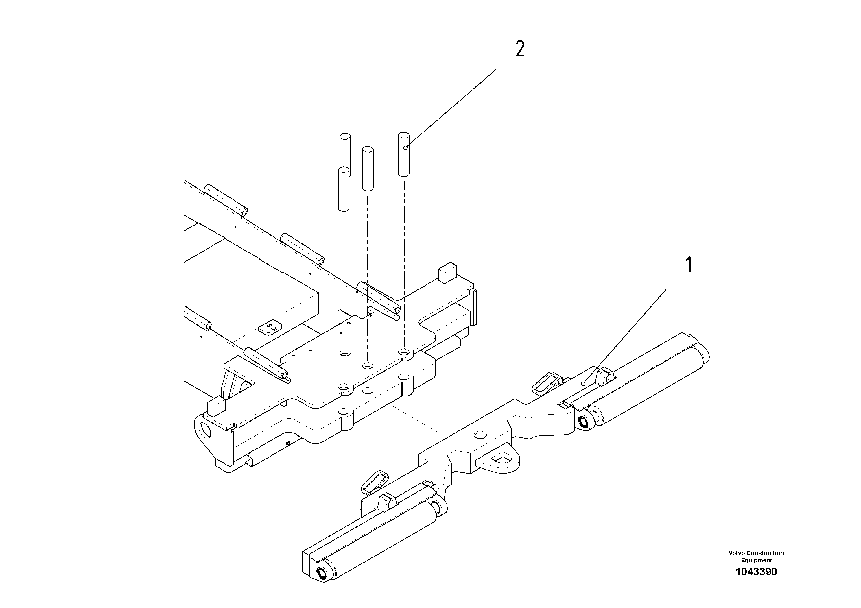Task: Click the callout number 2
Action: (520, 49)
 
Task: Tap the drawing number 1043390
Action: (756, 572)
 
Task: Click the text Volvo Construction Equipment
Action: (756, 556)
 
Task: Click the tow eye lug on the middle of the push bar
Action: (499, 459)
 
